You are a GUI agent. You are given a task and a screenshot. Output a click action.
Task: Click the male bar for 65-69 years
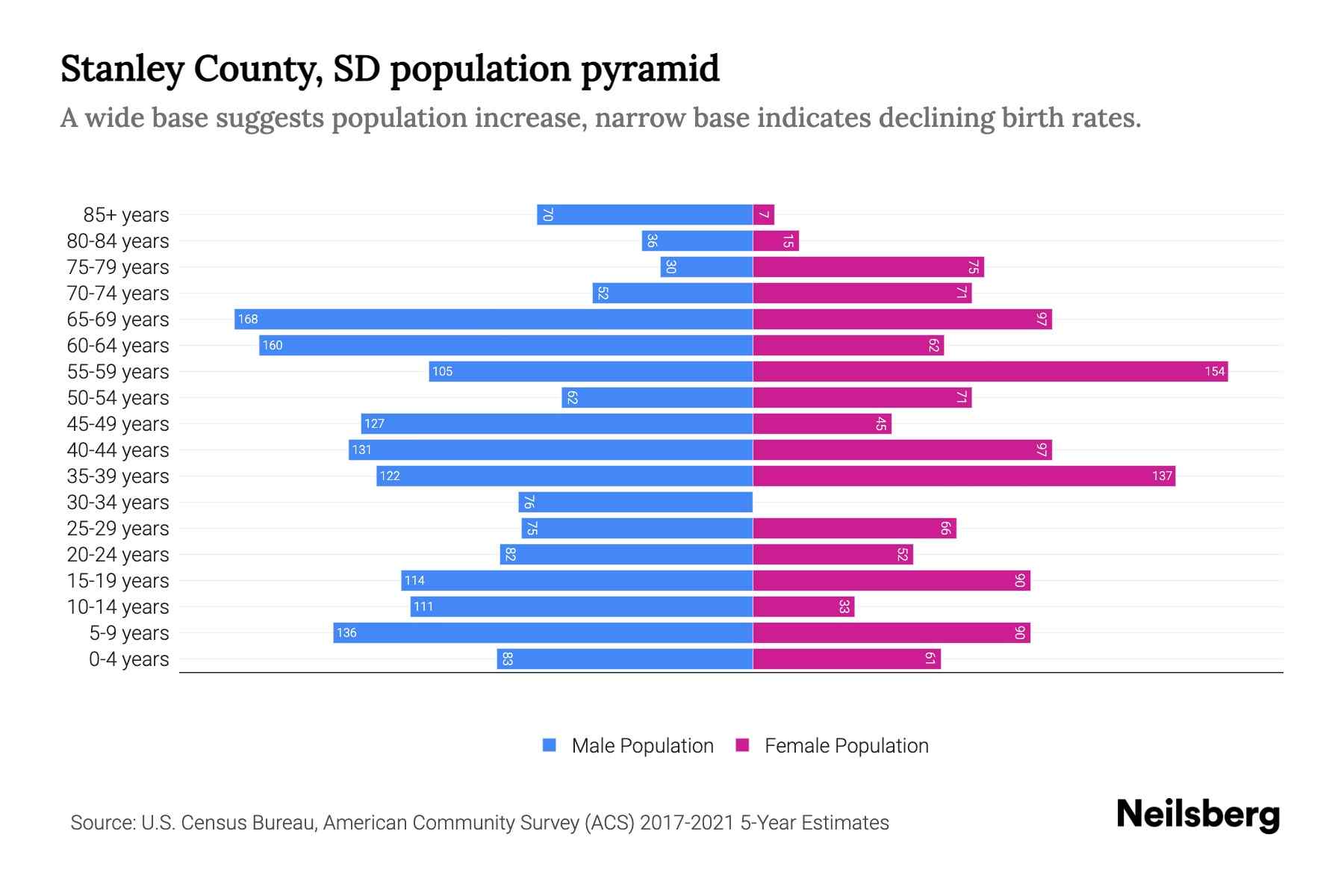(493, 320)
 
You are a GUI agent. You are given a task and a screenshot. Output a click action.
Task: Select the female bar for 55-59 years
(989, 372)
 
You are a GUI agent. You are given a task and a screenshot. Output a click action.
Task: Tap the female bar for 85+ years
(763, 215)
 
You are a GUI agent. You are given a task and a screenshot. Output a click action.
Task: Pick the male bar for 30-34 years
(635, 503)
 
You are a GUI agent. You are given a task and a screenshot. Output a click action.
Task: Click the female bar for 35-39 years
(963, 476)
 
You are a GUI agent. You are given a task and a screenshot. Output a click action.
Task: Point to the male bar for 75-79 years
(706, 267)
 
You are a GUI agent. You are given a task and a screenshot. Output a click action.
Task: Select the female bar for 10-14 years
(803, 607)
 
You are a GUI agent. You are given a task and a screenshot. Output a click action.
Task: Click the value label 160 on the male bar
(273, 346)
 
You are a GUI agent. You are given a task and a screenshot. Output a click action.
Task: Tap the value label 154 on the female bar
(1214, 372)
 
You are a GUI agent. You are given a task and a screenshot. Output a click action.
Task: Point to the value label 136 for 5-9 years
(346, 633)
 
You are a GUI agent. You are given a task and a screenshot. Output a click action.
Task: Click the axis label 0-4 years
(128, 659)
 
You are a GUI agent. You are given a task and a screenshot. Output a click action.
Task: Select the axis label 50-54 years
(118, 398)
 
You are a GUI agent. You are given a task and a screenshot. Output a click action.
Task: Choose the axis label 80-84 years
(118, 241)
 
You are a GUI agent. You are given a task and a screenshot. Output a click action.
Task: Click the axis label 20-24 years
(118, 555)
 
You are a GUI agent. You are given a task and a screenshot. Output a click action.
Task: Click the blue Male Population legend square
(550, 745)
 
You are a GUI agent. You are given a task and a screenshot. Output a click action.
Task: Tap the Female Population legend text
(846, 746)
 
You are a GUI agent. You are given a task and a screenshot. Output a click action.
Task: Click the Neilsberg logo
(1198, 815)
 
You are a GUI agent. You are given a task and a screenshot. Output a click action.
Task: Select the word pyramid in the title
(650, 69)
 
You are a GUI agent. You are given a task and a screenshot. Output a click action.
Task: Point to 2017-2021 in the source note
(687, 823)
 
